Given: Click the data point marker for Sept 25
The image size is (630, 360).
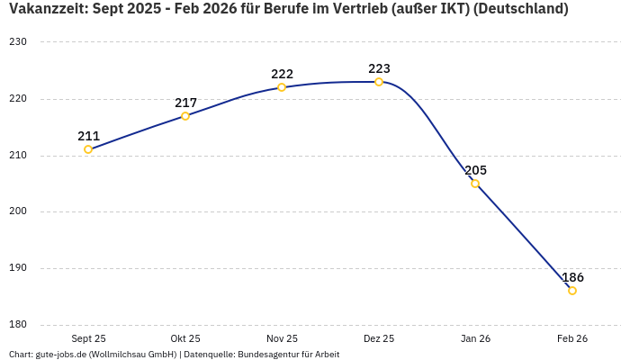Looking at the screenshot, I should [88, 149].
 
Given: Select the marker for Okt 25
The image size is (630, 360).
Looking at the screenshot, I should [185, 116].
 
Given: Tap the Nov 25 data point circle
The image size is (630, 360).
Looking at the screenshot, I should [282, 87].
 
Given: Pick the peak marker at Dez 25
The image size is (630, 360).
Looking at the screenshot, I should [379, 82].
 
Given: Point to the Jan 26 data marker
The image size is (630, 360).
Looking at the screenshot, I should [475, 184].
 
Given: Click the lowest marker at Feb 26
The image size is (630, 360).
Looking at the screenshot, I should [572, 291].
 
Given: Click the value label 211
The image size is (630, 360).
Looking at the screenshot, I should [88, 136].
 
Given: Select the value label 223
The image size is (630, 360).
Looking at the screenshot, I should [379, 68].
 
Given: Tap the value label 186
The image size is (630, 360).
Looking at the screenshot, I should [572, 277].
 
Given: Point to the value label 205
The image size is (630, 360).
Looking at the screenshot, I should [475, 170].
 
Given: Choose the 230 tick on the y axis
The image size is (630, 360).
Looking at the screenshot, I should [19, 42].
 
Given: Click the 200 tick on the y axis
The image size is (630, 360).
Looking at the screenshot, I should [19, 212].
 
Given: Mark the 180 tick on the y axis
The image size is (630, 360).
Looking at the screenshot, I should [19, 325].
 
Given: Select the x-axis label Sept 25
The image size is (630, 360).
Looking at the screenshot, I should [88, 338].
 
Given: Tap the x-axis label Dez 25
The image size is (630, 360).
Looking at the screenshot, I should [379, 338].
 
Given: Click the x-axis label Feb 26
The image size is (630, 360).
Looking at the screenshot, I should [572, 338].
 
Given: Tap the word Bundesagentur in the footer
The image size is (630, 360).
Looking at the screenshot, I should [271, 355].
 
